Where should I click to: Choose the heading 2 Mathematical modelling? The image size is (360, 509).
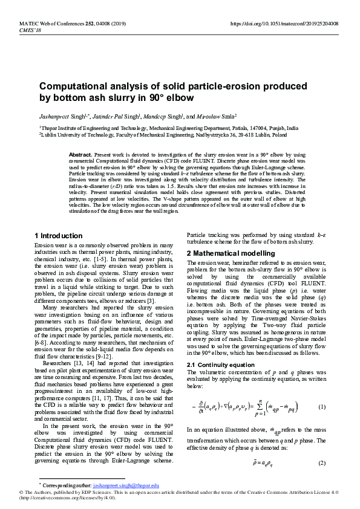231,253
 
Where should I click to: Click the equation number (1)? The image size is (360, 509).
322,406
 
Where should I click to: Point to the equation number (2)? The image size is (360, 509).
322,462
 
